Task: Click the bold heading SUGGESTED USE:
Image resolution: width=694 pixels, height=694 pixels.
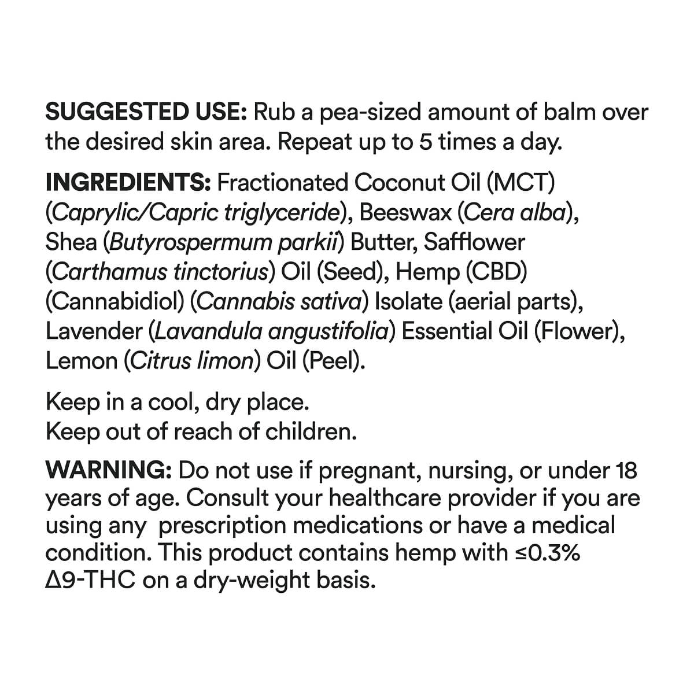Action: [x=146, y=112]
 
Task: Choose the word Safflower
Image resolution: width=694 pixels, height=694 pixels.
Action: [x=474, y=242]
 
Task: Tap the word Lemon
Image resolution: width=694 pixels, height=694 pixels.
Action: [x=81, y=361]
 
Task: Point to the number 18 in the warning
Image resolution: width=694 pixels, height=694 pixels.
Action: [x=624, y=471]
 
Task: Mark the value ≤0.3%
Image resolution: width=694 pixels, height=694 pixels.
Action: [x=547, y=553]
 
